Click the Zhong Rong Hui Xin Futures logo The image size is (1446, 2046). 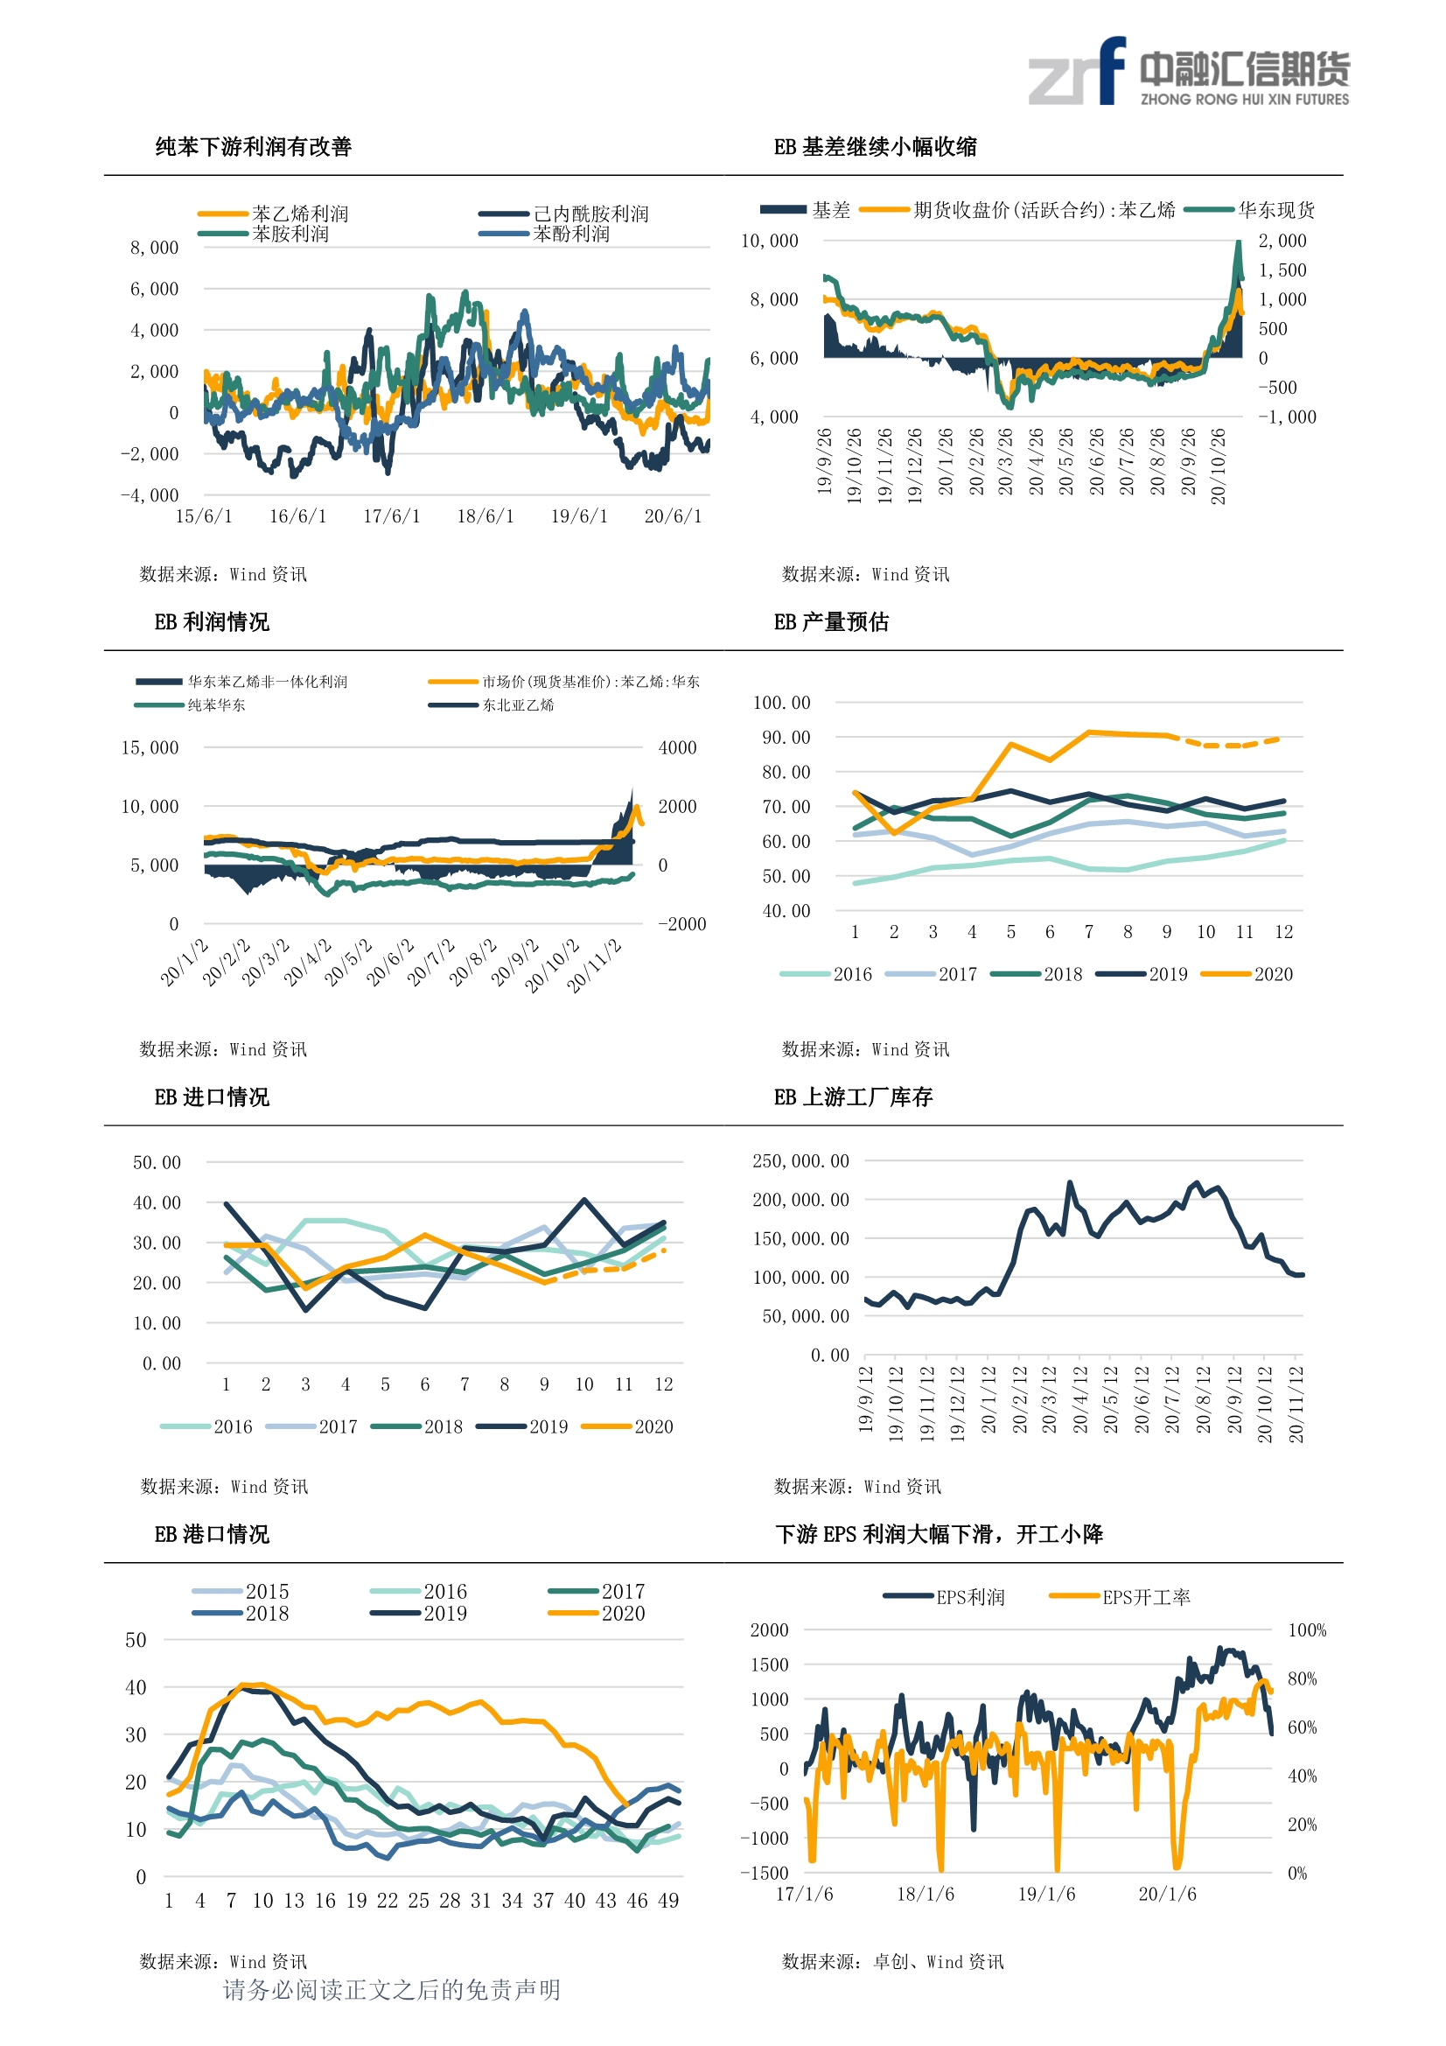point(1189,71)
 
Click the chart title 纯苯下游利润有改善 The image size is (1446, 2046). point(254,147)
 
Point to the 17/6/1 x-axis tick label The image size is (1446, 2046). point(391,516)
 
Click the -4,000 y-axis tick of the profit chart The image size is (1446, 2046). point(150,495)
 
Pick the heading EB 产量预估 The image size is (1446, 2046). point(831,622)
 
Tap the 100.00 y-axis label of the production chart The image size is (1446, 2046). point(781,703)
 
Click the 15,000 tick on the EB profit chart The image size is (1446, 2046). point(150,747)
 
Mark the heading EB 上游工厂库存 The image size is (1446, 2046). point(853,1097)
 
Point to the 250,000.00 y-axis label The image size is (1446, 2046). point(801,1161)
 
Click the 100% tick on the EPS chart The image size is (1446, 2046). point(1307,1630)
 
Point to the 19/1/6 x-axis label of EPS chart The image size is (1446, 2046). point(1047,1894)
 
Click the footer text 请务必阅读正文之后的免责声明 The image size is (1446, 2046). point(392,1990)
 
